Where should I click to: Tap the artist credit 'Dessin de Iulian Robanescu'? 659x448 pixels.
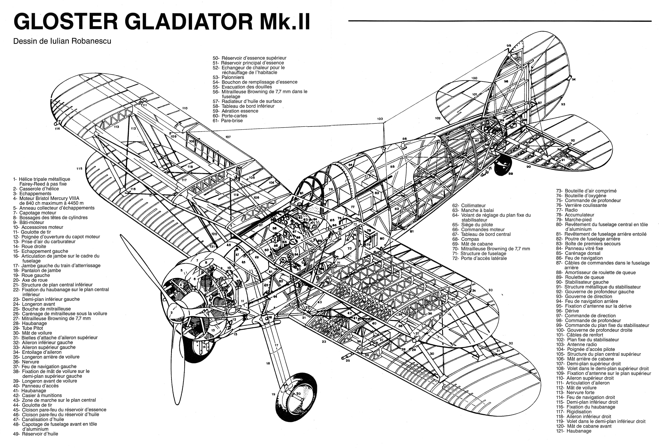click(62, 41)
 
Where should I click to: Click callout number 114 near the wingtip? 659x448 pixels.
click(58, 129)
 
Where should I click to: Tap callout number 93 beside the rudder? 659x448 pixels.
click(563, 104)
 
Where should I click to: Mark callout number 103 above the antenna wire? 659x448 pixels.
click(380, 119)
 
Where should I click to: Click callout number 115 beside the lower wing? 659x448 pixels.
click(79, 169)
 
